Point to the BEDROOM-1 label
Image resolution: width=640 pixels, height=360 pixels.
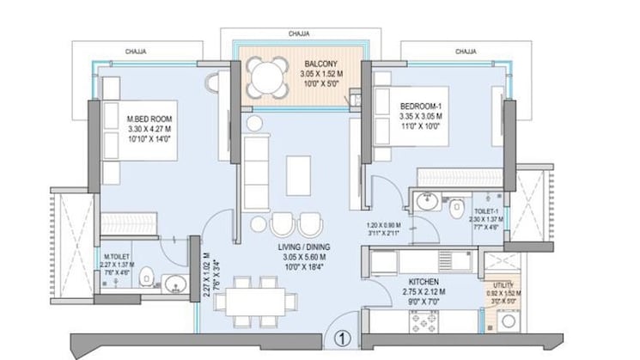(x=421, y=107)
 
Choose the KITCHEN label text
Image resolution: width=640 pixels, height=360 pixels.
(x=424, y=282)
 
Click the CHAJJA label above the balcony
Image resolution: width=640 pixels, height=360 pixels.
(x=300, y=34)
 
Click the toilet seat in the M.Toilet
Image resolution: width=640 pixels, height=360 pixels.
(x=146, y=276)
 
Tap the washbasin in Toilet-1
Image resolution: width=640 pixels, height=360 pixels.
(x=426, y=202)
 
